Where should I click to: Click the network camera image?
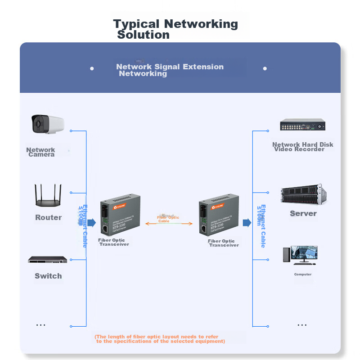47,124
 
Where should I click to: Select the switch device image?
48,260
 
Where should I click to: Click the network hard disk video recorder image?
302,125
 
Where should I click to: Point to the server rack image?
302,194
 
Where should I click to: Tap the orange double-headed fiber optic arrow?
169,223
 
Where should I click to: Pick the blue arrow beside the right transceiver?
247,223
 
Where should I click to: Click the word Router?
48,218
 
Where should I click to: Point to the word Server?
303,214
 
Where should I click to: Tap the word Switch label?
48,276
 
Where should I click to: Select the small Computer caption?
303,274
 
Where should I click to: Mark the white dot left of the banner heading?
92,68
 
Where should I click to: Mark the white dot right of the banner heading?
265,68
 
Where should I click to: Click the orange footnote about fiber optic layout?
159,339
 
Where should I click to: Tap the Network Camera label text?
41,152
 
